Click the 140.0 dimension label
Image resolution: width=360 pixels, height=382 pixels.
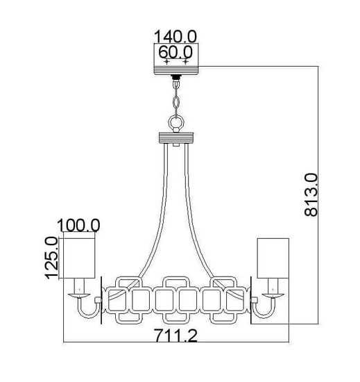pyautogui.click(x=175, y=37)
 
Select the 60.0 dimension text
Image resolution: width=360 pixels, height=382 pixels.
pyautogui.click(x=175, y=52)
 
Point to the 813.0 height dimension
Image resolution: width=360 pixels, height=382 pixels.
pyautogui.click(x=311, y=195)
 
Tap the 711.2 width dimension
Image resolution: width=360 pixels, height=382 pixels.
pyautogui.click(x=176, y=335)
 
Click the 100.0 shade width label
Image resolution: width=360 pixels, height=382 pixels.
pyautogui.click(x=78, y=225)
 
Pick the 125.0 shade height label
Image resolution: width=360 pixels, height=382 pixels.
pyautogui.click(x=51, y=258)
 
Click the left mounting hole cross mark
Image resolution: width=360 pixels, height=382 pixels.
pyautogui.click(x=166, y=62)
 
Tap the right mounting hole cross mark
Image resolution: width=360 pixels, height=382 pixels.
pyautogui.click(x=186, y=62)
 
